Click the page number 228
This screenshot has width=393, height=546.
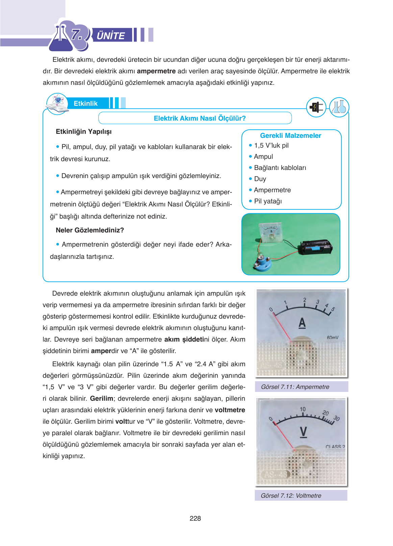pos(195,518)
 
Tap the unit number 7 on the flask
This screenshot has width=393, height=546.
pos(77,35)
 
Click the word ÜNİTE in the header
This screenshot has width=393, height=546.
pos(111,35)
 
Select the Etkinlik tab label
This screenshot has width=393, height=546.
pos(85,103)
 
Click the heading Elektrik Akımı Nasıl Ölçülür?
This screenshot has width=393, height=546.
pos(199,118)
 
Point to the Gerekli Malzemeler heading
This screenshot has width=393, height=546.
pos(290,135)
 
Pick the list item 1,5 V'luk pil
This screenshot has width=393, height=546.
pos(271,146)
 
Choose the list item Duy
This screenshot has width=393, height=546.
pos(260,179)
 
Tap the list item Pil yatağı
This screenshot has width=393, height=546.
pos(268,201)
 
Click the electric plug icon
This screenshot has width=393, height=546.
pos(316,107)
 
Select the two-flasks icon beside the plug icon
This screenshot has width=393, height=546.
pos(339,107)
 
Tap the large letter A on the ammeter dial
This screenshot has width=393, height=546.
pos(302,323)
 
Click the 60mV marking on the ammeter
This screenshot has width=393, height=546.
pos(333,338)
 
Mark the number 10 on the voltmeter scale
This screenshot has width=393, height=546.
pos(303,409)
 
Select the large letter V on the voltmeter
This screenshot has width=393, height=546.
pos(303,431)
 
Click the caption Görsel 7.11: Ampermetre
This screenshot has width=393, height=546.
pos(295,387)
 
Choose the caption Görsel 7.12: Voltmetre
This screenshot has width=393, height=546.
pos(291,496)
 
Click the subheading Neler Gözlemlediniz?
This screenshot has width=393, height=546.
pos(90,230)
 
